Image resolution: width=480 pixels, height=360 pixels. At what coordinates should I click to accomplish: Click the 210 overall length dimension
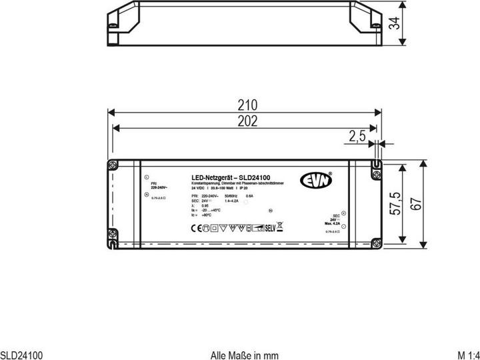pos(247,105)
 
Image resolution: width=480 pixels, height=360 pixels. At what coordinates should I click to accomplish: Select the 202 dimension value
pos(247,120)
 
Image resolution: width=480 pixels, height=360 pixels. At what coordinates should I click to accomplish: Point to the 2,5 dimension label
pos(357,137)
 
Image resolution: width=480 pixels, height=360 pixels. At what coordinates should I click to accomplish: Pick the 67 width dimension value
pos(417,205)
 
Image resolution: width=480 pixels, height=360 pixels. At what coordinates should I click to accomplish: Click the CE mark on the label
pos(196,228)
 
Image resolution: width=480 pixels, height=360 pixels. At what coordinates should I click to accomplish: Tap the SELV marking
pos(269,227)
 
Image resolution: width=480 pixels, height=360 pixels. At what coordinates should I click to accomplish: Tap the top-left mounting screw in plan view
pos(111,167)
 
